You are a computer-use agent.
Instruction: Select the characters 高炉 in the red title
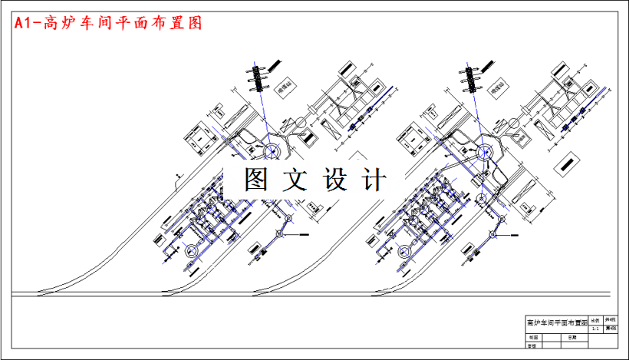(58, 23)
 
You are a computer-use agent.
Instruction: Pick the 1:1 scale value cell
(595, 328)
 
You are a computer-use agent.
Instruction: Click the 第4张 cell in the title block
(611, 328)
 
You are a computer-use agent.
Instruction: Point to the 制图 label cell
(533, 338)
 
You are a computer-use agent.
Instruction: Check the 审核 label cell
(533, 346)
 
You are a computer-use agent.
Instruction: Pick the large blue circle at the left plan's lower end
(191, 249)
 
